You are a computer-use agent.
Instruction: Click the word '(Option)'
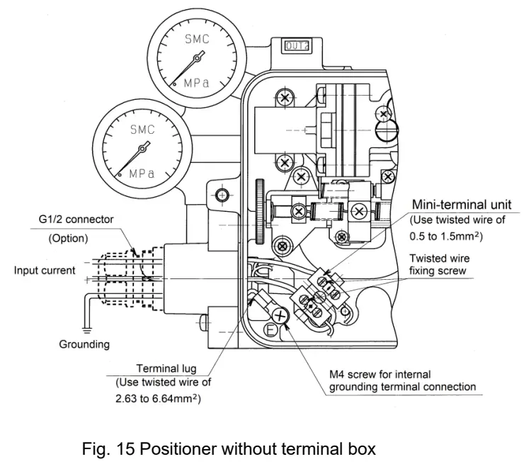(69, 238)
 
